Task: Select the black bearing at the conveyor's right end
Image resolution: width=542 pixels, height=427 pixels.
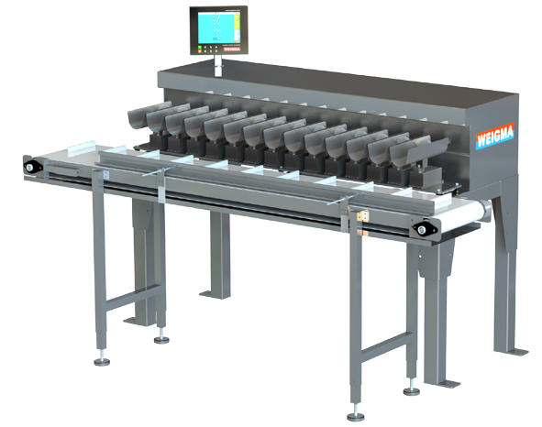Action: click(x=425, y=228)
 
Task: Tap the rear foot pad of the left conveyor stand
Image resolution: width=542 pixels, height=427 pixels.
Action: click(x=161, y=335)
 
